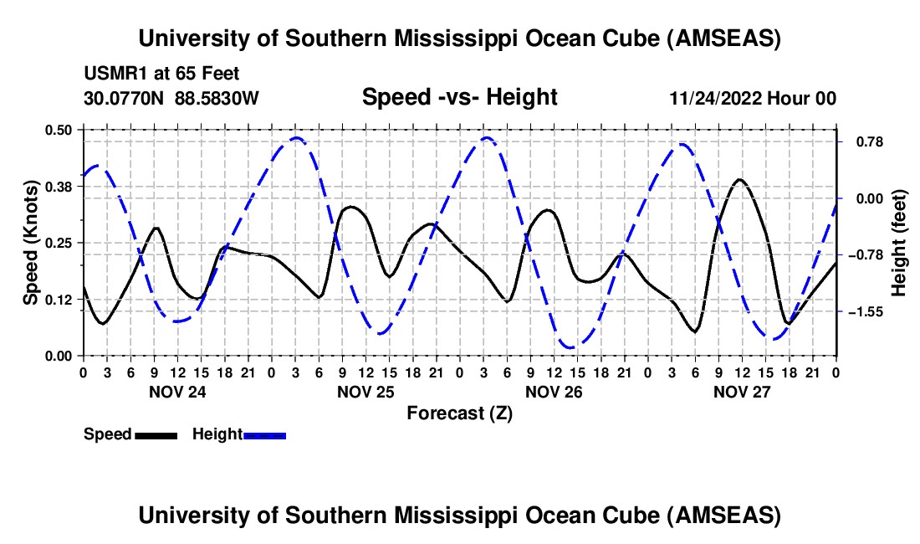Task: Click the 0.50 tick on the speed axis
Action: (x=59, y=130)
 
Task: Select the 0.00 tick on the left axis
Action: (x=59, y=356)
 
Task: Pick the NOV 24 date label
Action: (x=176, y=392)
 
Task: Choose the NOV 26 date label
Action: (x=554, y=392)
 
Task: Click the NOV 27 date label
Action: (x=742, y=392)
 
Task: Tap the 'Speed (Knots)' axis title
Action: (x=30, y=243)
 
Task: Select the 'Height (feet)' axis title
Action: (x=899, y=243)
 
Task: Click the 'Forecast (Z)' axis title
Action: (x=459, y=413)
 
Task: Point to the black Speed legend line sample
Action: (x=156, y=435)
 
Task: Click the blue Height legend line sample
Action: (x=265, y=435)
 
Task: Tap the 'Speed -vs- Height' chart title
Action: (x=459, y=97)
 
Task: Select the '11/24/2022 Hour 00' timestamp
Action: (x=753, y=99)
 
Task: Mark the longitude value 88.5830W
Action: (x=217, y=99)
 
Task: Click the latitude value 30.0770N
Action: (x=125, y=99)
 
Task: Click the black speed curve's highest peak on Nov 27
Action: (x=739, y=179)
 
